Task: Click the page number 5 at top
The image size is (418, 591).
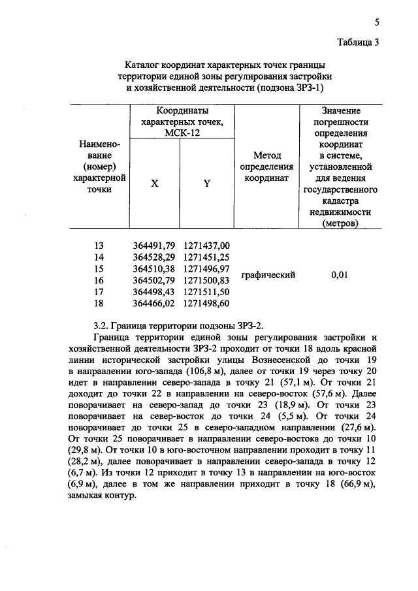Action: tap(377, 23)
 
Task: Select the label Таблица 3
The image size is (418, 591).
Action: tap(358, 43)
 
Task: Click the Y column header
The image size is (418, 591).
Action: tap(206, 184)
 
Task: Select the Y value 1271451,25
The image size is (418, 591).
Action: tap(207, 257)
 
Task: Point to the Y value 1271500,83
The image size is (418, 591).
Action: tap(207, 280)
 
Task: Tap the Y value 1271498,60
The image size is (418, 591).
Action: tap(207, 303)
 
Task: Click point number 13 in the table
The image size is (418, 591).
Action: tap(99, 245)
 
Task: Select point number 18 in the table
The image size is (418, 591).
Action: tap(99, 303)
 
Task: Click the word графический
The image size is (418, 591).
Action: tap(268, 275)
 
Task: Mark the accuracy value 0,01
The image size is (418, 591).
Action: tap(338, 275)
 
